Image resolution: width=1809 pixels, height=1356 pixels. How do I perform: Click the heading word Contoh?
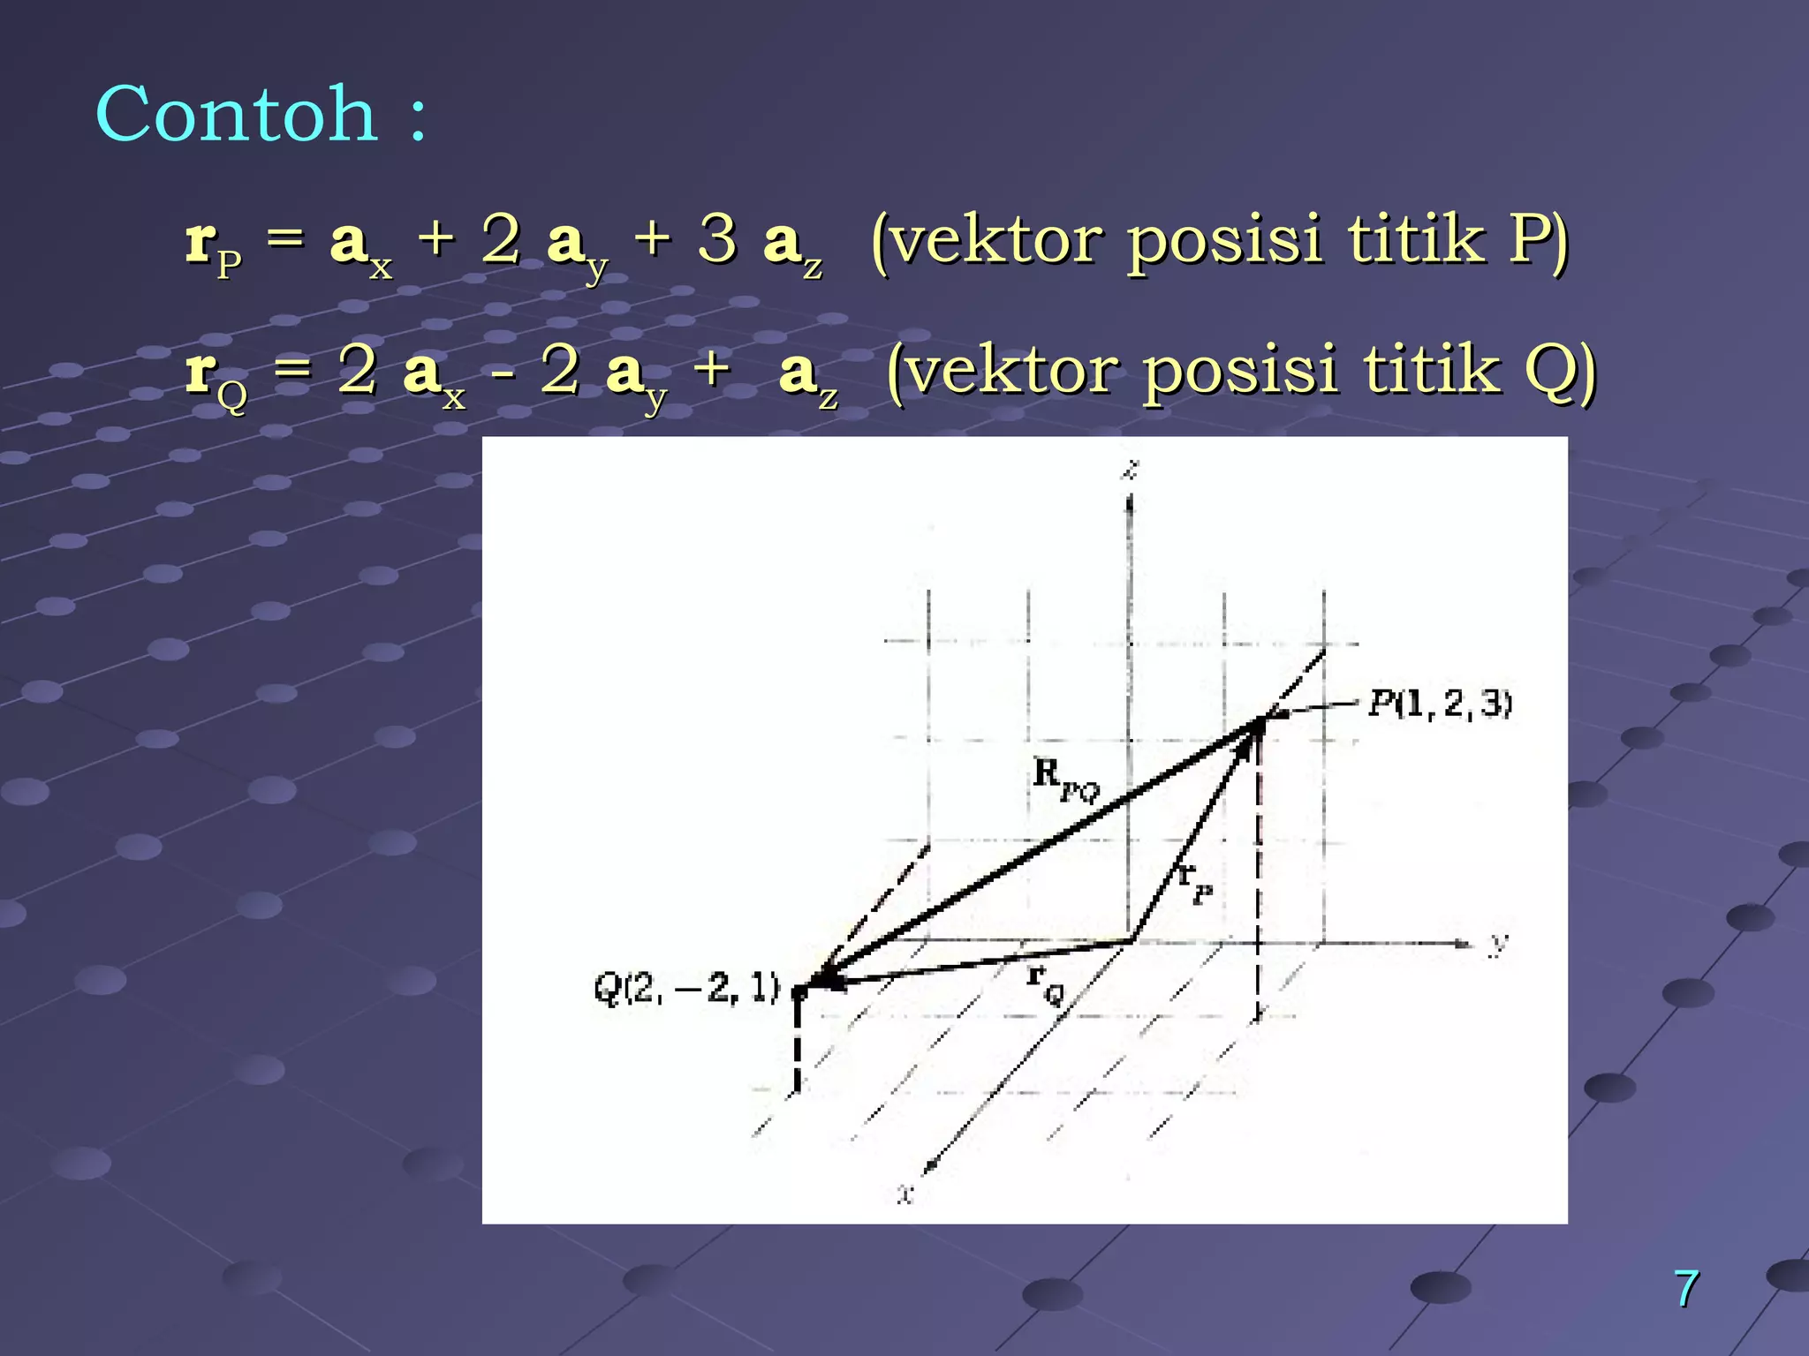(237, 115)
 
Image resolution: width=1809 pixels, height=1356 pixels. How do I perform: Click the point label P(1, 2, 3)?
(1440, 704)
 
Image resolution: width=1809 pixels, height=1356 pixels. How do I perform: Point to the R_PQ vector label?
(1065, 779)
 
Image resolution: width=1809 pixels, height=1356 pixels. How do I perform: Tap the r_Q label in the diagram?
(1046, 982)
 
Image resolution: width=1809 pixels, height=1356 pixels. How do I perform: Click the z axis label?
(1131, 469)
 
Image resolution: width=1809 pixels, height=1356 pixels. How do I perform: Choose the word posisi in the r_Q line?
(1240, 371)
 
